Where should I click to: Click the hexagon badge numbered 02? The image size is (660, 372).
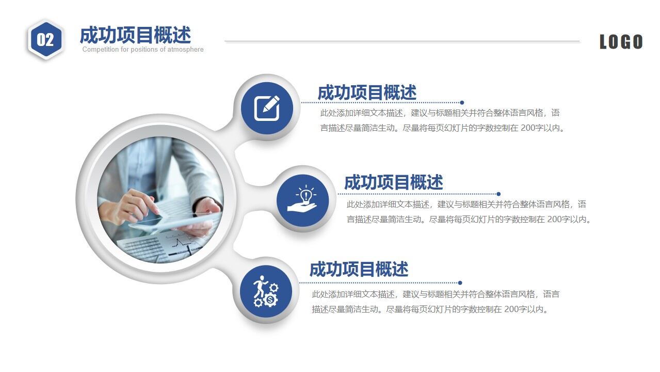[45, 39]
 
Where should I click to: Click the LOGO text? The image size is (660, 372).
[621, 42]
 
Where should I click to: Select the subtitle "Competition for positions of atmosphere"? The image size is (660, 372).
[143, 50]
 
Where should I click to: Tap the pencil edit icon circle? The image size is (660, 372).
[267, 108]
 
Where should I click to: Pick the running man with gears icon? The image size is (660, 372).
[266, 292]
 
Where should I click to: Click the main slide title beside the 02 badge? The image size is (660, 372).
[135, 35]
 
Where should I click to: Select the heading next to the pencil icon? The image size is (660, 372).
[366, 92]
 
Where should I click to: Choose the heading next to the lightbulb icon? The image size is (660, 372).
[393, 182]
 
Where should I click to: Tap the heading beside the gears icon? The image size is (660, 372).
[359, 269]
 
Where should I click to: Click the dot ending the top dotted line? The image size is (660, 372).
[462, 102]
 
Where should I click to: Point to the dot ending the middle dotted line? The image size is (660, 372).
[498, 194]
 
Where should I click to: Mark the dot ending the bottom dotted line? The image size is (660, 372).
[460, 283]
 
